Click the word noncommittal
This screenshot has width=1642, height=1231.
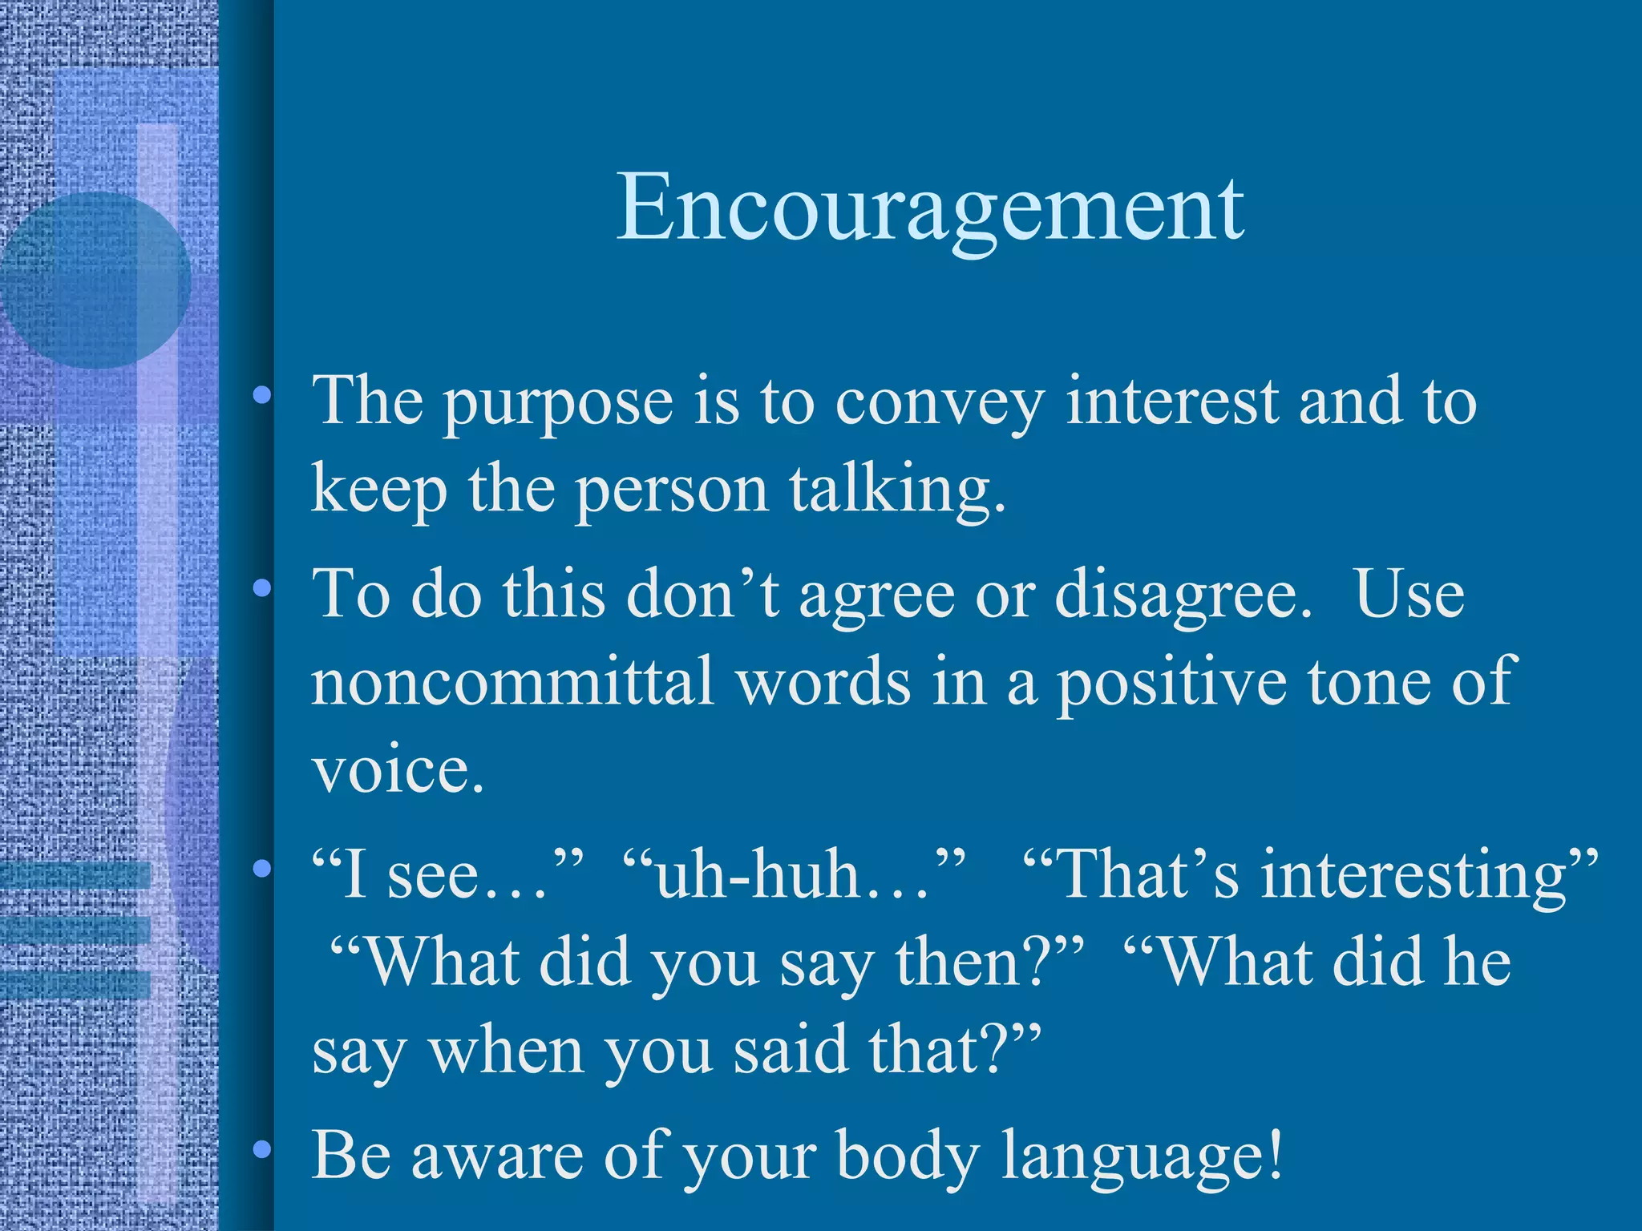(x=512, y=681)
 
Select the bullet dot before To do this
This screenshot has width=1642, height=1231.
(x=260, y=590)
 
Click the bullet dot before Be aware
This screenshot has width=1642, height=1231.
(x=260, y=1151)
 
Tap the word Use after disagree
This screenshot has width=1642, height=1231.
(x=1409, y=595)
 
